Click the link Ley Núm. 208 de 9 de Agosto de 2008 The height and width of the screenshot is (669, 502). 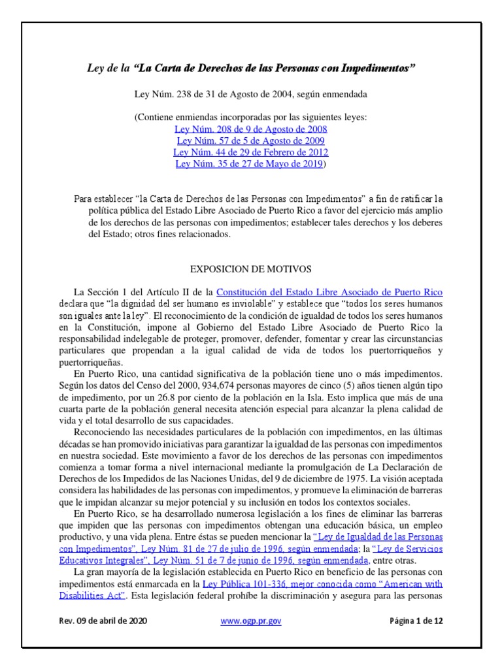[x=250, y=129]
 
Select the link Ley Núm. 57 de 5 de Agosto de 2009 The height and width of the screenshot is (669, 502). [x=250, y=140]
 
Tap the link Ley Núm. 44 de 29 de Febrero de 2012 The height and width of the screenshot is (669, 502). [x=250, y=152]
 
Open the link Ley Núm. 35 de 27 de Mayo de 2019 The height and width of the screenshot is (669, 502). [x=249, y=163]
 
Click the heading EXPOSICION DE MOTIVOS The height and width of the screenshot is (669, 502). [x=250, y=269]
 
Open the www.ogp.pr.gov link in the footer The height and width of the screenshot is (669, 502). [x=251, y=622]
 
